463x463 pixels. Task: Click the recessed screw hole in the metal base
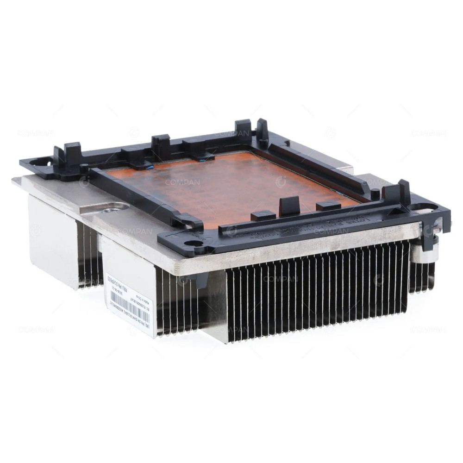108,209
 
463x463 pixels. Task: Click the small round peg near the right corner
375,194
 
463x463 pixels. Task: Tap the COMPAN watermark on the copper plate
182,182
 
